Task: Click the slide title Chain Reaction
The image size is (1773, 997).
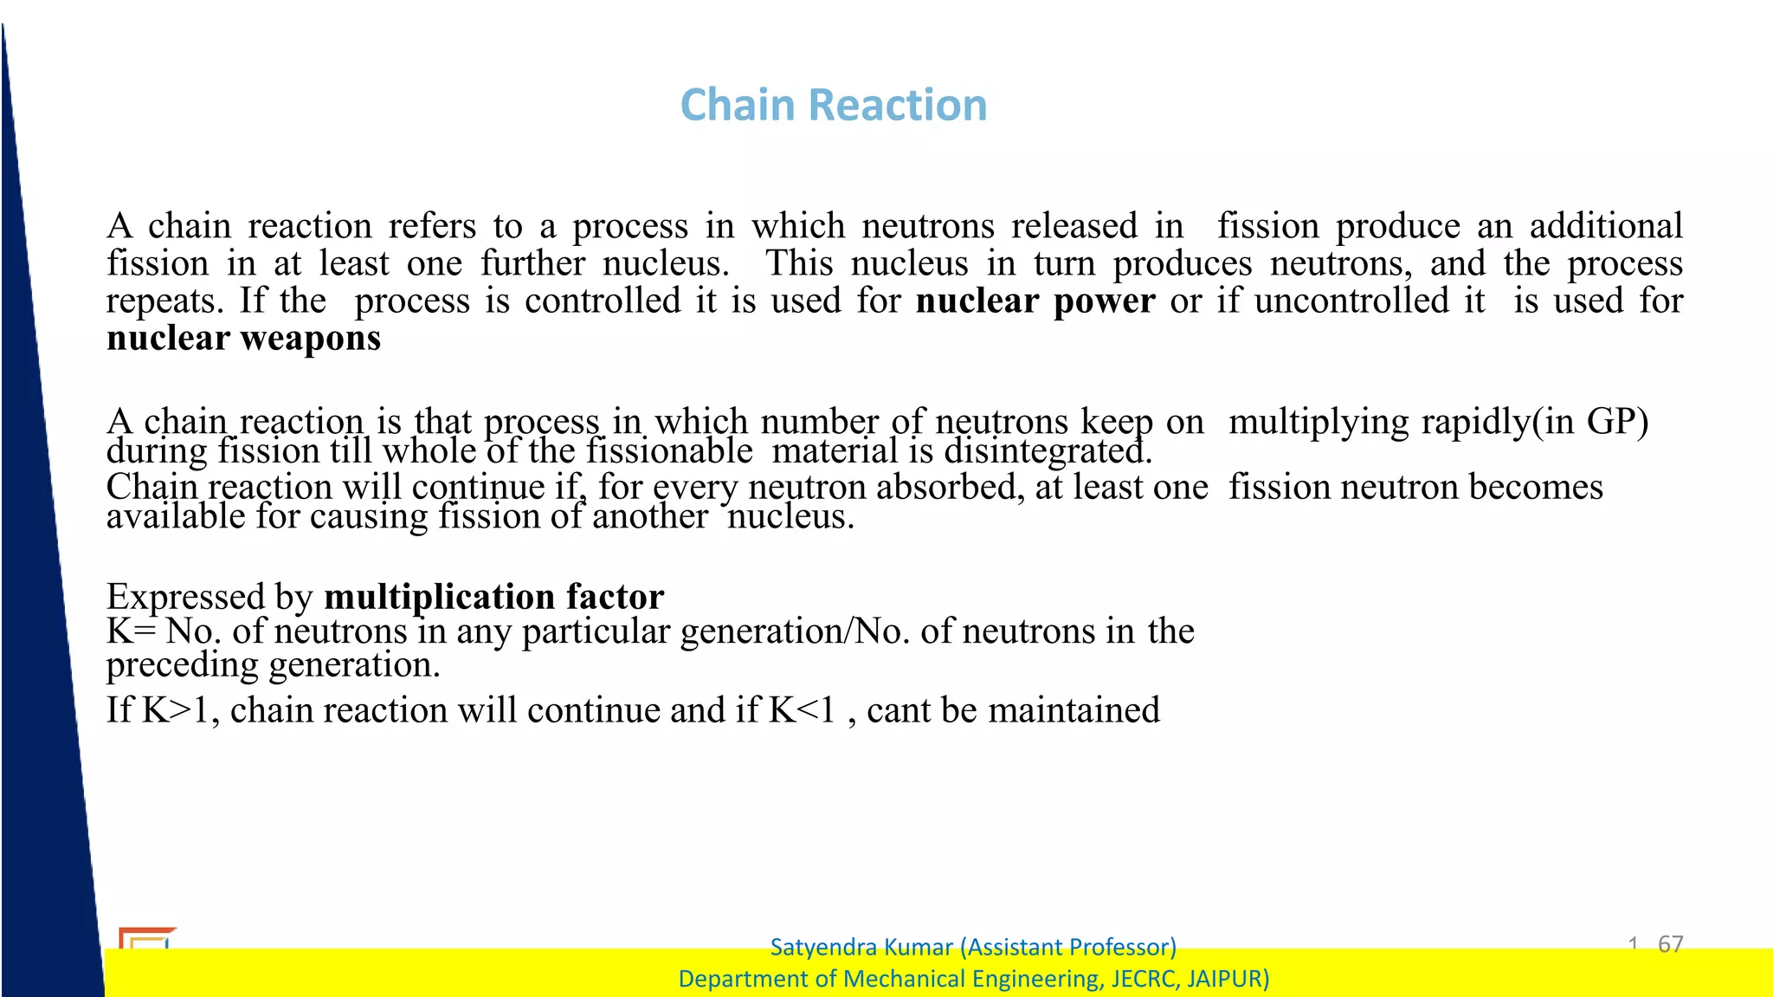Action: pyautogui.click(x=833, y=106)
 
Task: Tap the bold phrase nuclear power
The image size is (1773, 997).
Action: pyautogui.click(x=1035, y=301)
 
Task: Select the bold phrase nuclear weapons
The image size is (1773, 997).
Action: pyautogui.click(x=243, y=339)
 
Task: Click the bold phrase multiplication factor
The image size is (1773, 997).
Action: pyautogui.click(x=493, y=597)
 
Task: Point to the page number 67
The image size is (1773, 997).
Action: pyautogui.click(x=1670, y=943)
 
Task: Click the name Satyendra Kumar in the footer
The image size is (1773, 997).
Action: pyautogui.click(x=861, y=947)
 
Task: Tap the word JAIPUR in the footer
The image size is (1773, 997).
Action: pyautogui.click(x=1227, y=979)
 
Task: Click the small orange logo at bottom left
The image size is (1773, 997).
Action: pyautogui.click(x=145, y=938)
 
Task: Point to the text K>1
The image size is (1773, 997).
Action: pyautogui.click(x=176, y=710)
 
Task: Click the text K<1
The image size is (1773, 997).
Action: pyautogui.click(x=802, y=710)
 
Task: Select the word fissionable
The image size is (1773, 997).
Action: pyautogui.click(x=669, y=451)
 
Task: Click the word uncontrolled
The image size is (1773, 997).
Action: pyautogui.click(x=1351, y=301)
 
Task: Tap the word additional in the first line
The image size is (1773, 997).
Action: pyautogui.click(x=1606, y=226)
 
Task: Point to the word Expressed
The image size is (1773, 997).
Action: pyautogui.click(x=185, y=597)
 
